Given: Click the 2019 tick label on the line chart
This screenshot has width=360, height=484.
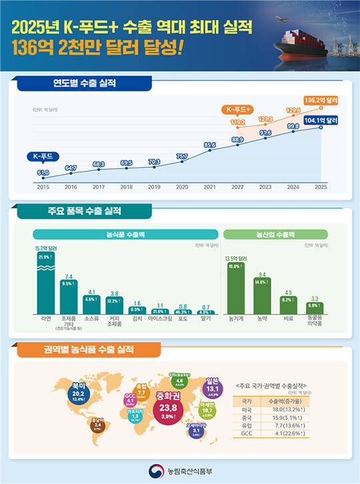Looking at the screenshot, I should coord(155,187).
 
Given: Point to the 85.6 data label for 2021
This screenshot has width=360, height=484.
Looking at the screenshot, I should coord(211,144).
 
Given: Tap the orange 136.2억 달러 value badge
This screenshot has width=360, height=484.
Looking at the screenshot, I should coord(320,100).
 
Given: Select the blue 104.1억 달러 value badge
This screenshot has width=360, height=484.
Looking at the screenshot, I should coord(320,120).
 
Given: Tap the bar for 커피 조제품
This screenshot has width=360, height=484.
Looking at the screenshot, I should coord(115,306).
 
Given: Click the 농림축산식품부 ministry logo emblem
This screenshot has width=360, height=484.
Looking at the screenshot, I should coord(155,471).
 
